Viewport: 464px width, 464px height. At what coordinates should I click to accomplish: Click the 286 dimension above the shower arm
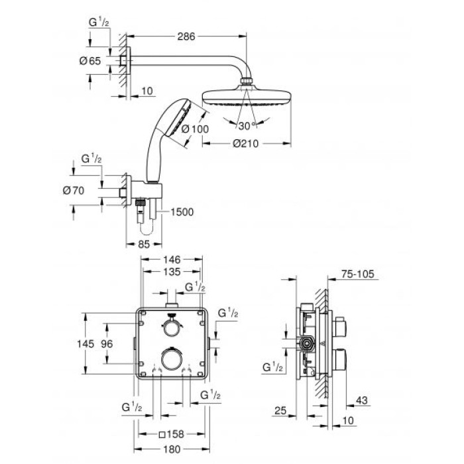click(x=186, y=37)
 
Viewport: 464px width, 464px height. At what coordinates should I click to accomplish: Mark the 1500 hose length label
click(x=181, y=212)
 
